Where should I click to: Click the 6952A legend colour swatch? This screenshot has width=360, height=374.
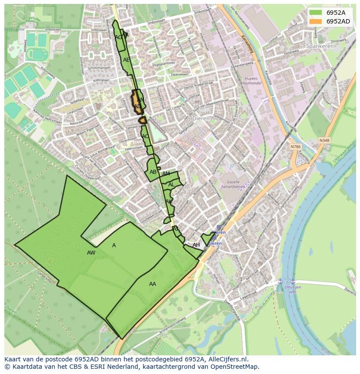[316, 13]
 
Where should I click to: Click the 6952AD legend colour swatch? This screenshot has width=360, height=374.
[316, 21]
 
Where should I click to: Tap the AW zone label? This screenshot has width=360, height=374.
[91, 253]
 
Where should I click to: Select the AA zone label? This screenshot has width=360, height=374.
[152, 284]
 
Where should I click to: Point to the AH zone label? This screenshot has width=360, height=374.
[196, 245]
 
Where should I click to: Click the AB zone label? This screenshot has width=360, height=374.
[153, 172]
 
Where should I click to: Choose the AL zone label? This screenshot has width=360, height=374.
[171, 185]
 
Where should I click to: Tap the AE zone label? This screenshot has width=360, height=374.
[126, 60]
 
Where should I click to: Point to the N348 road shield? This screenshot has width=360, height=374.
[323, 140]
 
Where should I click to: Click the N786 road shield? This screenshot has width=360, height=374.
[296, 147]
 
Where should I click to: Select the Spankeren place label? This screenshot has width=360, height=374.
[320, 46]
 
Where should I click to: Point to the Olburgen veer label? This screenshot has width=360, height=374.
[287, 290]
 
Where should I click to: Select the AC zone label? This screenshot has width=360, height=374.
[145, 136]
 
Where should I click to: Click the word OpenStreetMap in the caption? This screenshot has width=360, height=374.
[237, 367]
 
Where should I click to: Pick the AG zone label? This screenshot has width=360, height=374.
[118, 37]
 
